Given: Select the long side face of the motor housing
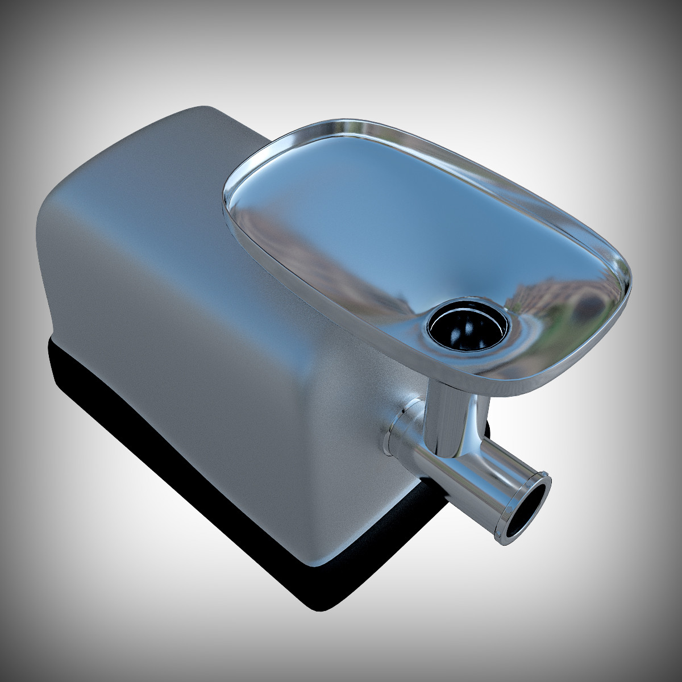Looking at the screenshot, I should pyautogui.click(x=170, y=352).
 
